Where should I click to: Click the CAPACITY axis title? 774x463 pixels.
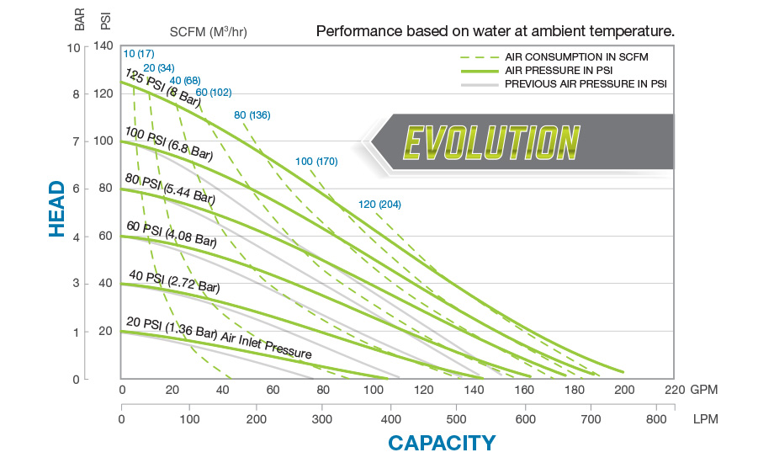pyautogui.click(x=441, y=443)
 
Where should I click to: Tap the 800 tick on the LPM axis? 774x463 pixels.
pyautogui.click(x=657, y=418)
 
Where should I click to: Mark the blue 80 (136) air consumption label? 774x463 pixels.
pyautogui.click(x=252, y=114)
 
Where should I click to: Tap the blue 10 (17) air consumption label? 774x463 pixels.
pyautogui.click(x=138, y=55)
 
